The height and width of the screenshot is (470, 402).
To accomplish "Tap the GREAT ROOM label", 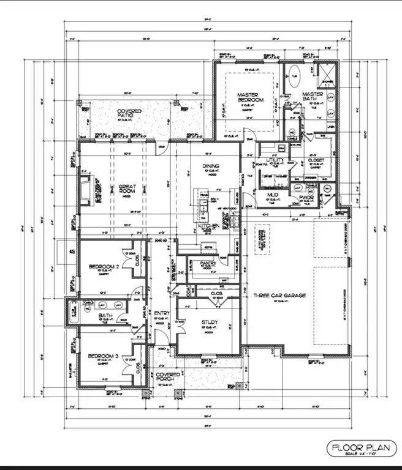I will pos(127,189).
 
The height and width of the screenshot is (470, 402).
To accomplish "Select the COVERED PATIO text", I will pos(129,114).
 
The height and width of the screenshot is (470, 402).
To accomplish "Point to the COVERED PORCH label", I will pos(168,378).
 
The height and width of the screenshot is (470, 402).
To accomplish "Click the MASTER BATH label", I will pos(313,97).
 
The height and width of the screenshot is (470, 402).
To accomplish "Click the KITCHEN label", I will pos(208,226).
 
